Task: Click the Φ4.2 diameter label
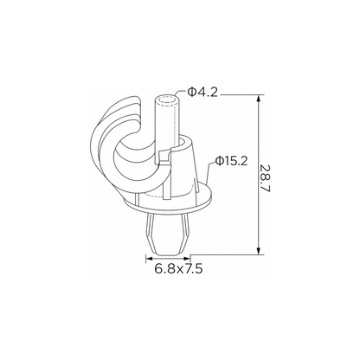tap(202, 92)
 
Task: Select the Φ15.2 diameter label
tap(232, 161)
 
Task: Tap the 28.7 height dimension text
tap(265, 179)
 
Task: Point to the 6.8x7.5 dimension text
tap(178, 269)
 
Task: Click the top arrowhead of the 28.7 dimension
tap(259, 98)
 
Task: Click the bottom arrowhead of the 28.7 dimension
tap(259, 251)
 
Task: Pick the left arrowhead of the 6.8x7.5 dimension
tap(149, 259)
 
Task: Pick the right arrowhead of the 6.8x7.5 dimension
tap(187, 259)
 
